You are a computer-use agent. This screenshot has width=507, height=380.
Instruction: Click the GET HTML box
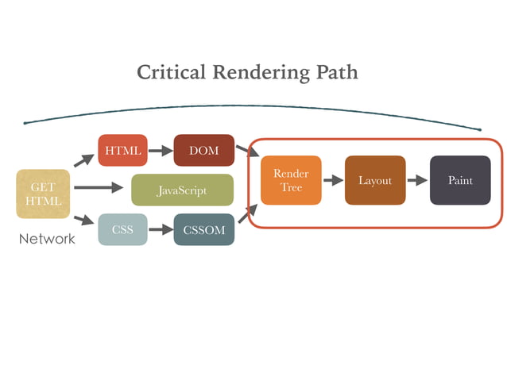(43, 194)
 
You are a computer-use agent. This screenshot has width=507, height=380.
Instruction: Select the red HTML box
(122, 151)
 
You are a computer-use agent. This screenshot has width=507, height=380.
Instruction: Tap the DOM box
(203, 151)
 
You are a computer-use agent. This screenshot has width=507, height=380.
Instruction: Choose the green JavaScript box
(182, 190)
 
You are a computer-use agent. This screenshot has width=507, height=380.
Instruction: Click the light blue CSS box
(122, 230)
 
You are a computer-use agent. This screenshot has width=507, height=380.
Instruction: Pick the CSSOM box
(203, 230)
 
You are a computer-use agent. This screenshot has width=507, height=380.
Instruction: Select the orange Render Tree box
(291, 180)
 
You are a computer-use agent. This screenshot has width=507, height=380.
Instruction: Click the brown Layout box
(374, 180)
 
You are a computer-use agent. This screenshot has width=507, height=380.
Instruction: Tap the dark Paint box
(460, 180)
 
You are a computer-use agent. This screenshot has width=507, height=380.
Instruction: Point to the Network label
(47, 239)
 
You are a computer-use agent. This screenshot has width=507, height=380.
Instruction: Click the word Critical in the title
(171, 73)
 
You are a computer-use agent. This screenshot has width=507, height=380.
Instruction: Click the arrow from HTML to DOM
(161, 151)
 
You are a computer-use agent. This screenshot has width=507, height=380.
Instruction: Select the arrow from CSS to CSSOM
(161, 230)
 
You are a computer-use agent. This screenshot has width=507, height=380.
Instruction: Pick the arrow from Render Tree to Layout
(333, 181)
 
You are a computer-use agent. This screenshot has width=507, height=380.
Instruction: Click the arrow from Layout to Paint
(417, 181)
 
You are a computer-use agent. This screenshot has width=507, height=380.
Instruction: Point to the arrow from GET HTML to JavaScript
(100, 188)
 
